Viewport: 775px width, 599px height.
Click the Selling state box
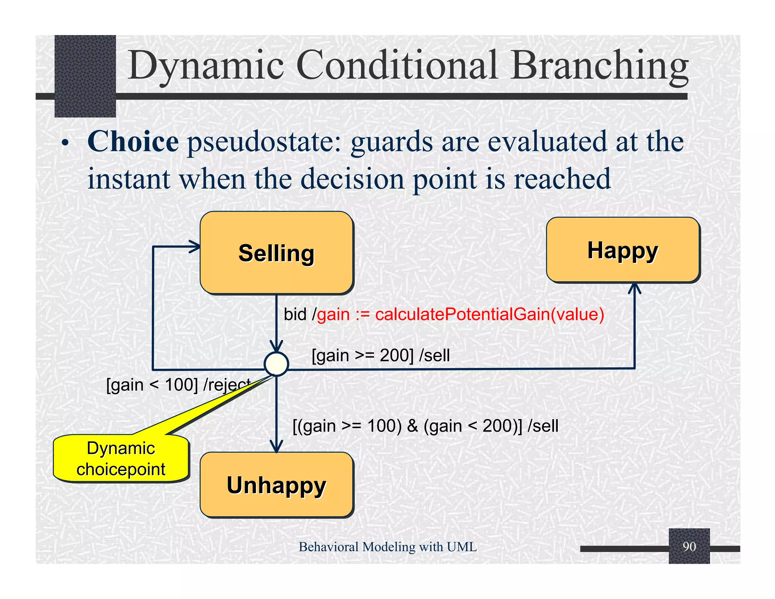tap(276, 253)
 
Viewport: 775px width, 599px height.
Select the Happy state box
tap(623, 250)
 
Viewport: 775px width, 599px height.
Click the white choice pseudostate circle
tap(276, 364)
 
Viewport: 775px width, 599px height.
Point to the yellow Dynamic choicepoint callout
tap(121, 459)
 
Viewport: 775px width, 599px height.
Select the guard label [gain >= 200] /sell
tap(381, 356)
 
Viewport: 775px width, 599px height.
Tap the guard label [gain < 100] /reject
tap(178, 385)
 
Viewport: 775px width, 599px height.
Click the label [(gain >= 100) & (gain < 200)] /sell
tap(425, 426)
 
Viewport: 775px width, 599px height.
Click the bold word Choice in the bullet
tap(133, 141)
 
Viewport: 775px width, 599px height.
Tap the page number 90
tap(689, 547)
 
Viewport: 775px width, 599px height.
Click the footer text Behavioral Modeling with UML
tap(387, 547)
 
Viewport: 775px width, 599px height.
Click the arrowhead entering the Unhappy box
tap(277, 447)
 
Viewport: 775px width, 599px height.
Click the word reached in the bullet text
tap(562, 179)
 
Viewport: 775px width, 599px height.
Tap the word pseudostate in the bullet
tap(265, 141)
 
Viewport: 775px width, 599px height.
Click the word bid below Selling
tap(295, 314)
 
